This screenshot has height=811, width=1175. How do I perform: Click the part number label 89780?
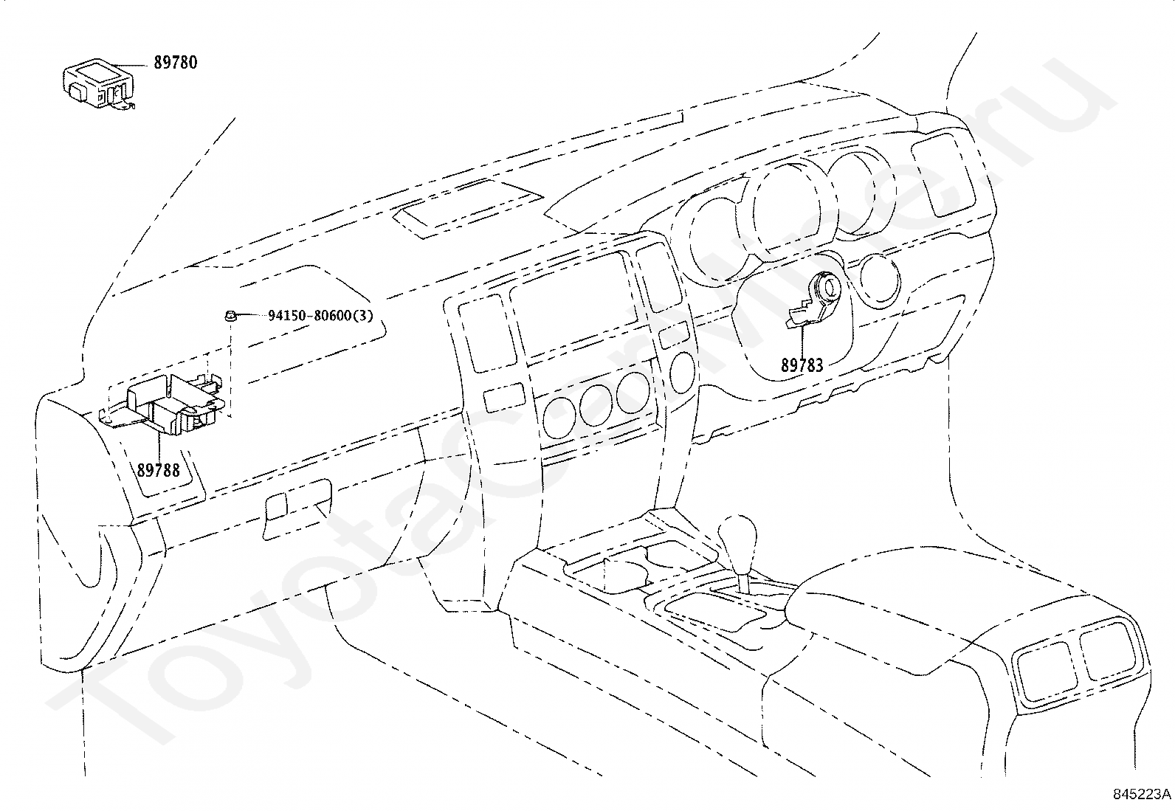coord(175,63)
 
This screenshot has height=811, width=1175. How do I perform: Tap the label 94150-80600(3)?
coord(320,316)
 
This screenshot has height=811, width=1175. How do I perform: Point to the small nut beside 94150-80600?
coord(230,316)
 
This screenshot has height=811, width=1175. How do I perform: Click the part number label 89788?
coord(159,470)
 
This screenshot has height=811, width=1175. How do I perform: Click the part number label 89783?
coord(802,365)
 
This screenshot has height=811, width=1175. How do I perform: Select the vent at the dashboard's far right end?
coord(944,173)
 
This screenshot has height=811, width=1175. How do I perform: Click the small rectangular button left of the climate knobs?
coord(504,397)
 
